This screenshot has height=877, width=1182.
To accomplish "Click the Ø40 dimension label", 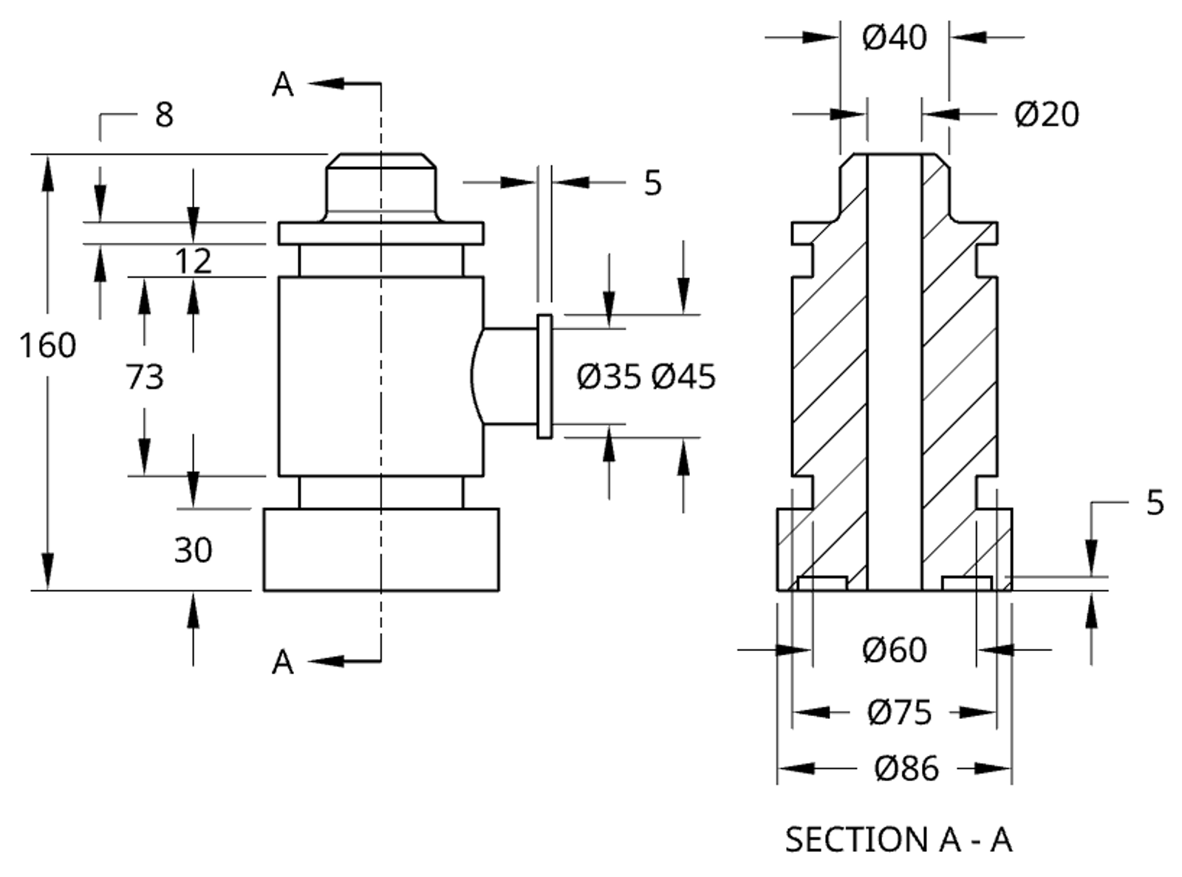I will point(894,37).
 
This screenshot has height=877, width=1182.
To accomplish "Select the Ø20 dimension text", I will point(1046,115).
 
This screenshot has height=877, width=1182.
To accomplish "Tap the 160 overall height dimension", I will point(47,345).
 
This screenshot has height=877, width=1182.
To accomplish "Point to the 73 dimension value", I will point(144,377).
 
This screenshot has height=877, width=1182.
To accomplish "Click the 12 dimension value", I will point(193,261).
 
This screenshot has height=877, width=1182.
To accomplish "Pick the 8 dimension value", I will point(164,115).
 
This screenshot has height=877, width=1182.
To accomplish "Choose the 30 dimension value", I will point(193,550).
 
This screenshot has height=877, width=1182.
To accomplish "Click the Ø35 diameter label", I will point(608,377).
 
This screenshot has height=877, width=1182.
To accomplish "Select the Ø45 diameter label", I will point(683,377).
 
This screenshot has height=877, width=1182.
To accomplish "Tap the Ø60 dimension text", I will point(894,650).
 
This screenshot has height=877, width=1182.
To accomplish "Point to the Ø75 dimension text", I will point(899,712).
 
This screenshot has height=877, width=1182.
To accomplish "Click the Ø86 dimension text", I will point(906,768).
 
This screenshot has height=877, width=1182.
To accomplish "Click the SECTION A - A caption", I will point(898,840).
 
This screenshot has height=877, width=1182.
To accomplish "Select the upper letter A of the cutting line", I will point(282,85).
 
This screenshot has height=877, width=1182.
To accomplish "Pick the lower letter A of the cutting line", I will point(282,663).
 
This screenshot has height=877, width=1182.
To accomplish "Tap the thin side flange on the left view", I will point(544,377).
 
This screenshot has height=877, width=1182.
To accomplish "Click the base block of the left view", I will point(381,550).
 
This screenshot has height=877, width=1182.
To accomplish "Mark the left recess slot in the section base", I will point(822,584).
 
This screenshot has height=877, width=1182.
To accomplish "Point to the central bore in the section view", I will point(894,369).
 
